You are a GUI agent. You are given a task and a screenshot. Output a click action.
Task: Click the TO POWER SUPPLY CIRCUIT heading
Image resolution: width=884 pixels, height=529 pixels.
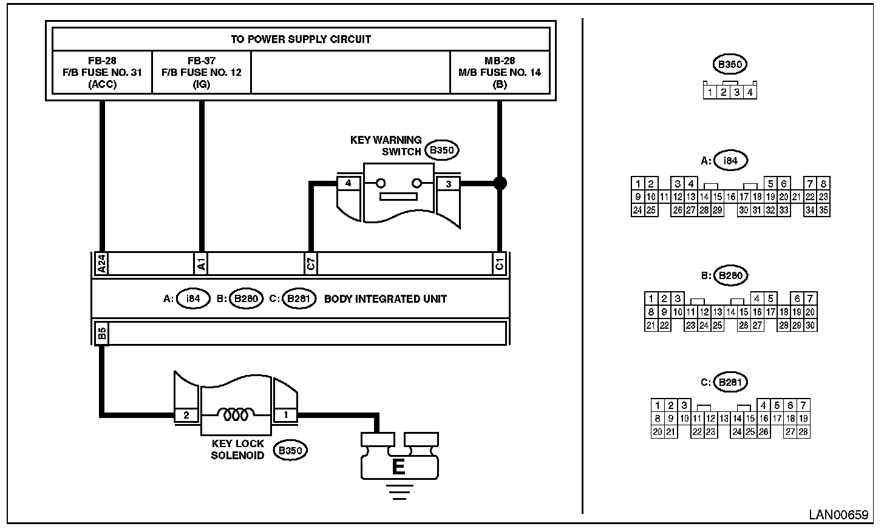click(x=301, y=39)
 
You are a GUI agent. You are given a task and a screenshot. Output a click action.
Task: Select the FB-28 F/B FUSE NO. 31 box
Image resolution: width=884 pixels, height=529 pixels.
click(x=102, y=73)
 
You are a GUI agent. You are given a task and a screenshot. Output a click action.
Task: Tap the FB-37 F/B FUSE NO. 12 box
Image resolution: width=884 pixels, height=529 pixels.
click(x=201, y=73)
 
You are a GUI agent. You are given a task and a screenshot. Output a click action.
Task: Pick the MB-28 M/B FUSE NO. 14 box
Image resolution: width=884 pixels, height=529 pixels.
click(x=500, y=73)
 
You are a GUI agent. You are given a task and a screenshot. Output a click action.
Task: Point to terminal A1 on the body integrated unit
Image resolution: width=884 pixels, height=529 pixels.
click(x=201, y=263)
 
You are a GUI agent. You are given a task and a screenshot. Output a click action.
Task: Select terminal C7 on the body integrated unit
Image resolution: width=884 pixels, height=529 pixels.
click(x=310, y=263)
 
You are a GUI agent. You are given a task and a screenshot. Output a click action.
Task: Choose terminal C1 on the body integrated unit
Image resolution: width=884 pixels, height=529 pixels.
click(x=499, y=263)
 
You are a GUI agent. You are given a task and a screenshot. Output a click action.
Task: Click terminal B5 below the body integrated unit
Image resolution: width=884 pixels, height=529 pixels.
click(x=102, y=333)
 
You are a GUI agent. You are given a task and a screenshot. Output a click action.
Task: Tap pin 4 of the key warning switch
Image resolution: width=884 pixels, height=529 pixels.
click(x=348, y=183)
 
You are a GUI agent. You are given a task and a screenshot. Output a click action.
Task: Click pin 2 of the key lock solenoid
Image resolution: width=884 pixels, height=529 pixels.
click(x=186, y=415)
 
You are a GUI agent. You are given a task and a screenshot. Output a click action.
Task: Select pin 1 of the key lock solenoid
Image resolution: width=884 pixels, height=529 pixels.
click(x=286, y=415)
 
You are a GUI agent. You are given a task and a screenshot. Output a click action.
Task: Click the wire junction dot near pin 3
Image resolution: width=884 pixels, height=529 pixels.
click(x=500, y=183)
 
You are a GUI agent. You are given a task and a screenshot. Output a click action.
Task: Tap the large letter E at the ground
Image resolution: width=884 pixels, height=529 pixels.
click(x=399, y=467)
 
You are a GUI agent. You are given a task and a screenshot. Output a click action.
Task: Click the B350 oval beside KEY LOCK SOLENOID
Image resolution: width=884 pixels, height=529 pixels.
click(x=290, y=450)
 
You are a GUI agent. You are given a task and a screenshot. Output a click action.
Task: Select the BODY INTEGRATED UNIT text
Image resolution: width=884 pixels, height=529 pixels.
click(x=386, y=299)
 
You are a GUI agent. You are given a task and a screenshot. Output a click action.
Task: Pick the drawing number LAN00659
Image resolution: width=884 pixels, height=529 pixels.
click(x=838, y=515)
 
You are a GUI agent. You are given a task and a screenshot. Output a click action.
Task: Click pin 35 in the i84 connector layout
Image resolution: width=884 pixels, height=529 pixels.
click(x=823, y=211)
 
